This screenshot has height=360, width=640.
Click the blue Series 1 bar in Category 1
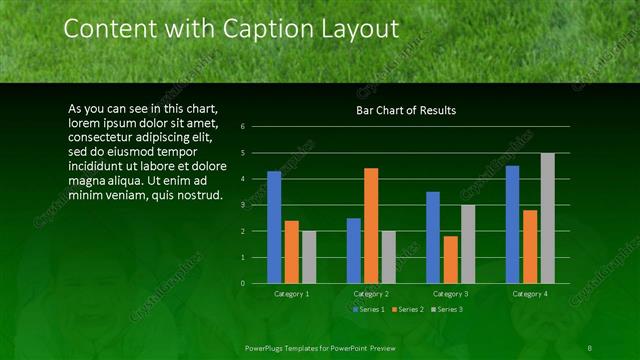click(274, 227)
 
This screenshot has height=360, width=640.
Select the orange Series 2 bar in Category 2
click(371, 225)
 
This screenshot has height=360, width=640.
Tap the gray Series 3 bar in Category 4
click(547, 218)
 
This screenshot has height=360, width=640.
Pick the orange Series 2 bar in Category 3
click(451, 259)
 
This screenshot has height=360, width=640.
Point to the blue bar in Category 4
click(513, 224)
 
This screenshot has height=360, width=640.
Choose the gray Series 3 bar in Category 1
click(308, 257)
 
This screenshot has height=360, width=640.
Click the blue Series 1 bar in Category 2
click(354, 250)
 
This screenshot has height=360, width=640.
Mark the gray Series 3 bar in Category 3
click(467, 244)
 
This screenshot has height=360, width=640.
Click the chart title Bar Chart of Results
click(406, 110)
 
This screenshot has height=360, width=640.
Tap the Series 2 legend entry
click(410, 310)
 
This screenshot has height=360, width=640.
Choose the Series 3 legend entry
click(450, 310)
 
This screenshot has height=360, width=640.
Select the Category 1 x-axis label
click(291, 294)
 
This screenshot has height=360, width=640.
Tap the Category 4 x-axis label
click(530, 294)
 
